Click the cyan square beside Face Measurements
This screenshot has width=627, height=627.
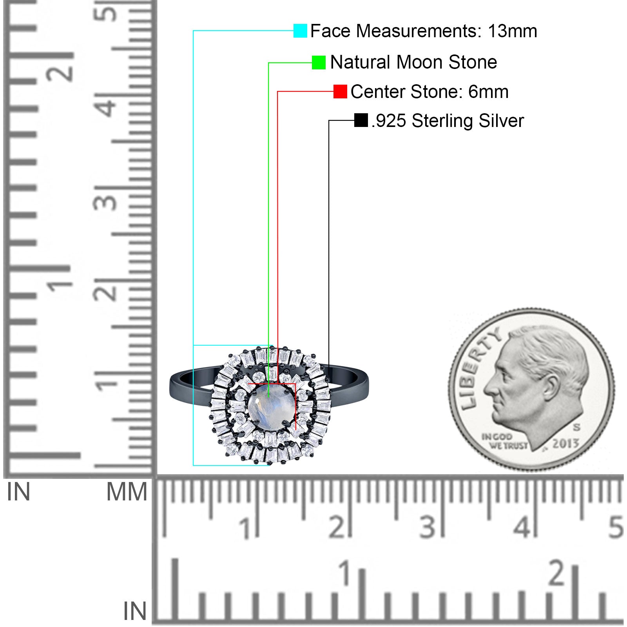click(x=300, y=31)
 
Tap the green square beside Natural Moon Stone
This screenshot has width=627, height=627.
click(x=319, y=62)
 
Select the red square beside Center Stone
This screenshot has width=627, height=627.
click(x=340, y=92)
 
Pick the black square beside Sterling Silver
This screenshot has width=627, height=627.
click(x=361, y=120)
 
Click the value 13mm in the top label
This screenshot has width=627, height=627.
click(x=512, y=31)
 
